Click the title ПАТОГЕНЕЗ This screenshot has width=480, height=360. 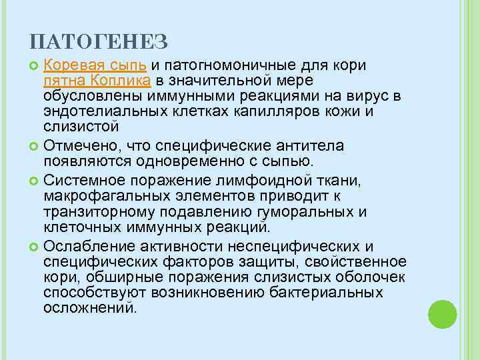(99, 42)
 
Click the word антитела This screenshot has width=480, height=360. (307, 145)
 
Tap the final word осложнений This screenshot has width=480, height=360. (89, 308)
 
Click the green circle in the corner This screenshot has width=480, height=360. (441, 312)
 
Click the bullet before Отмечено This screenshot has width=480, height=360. (35, 146)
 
